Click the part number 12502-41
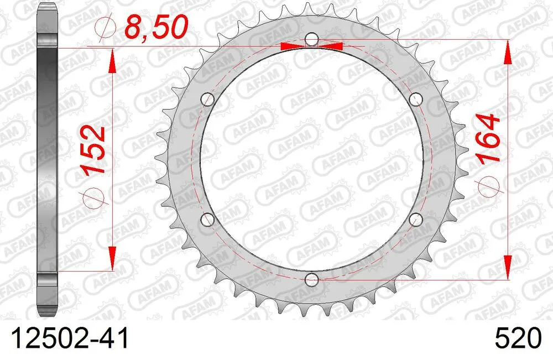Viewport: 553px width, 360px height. [x=66, y=338]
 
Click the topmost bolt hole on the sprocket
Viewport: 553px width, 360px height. [x=312, y=40]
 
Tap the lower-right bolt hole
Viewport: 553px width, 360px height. [x=416, y=220]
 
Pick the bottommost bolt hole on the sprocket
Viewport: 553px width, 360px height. [x=312, y=280]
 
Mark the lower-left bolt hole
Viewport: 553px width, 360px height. [x=207, y=220]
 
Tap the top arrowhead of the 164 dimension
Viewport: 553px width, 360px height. [x=508, y=53]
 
